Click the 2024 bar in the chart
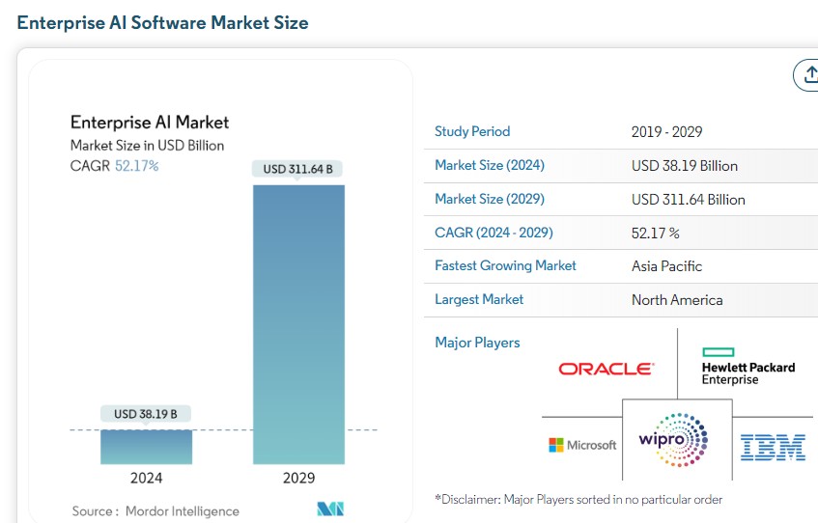coord(147,447)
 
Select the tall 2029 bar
coord(298,323)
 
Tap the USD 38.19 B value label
coord(146,414)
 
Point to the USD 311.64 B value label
coord(297,169)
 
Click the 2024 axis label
coord(147,478)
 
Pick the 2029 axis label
coord(298,478)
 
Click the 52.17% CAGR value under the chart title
coord(136,166)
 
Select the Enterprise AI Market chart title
coord(150,123)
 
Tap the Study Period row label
coord(472,131)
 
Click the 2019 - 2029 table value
coord(666,132)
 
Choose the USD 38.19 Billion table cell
coord(685,166)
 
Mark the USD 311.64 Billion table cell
coord(689,200)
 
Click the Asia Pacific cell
coord(667,266)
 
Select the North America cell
coord(677,300)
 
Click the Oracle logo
coord(606,369)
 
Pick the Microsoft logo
coord(582,445)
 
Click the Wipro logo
coord(673,441)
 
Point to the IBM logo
coord(773,446)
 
